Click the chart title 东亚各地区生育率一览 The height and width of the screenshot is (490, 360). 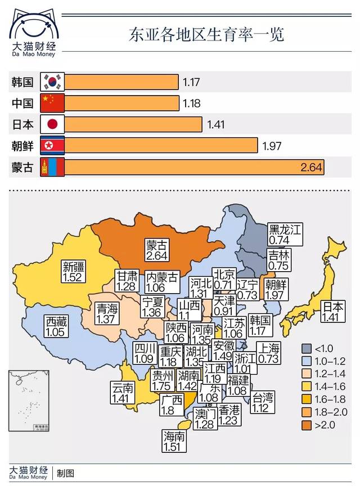[x=206, y=34]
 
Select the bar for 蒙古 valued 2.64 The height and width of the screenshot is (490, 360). [x=195, y=168]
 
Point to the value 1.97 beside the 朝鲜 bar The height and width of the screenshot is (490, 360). [x=272, y=146]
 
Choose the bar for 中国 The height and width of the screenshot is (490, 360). [x=123, y=103]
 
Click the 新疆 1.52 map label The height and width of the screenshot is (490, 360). [x=74, y=272]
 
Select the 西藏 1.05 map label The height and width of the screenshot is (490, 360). [x=56, y=326]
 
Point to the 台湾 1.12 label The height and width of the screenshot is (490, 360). [x=263, y=403]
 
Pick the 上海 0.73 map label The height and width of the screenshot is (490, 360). [x=268, y=352]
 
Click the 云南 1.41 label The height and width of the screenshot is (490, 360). [x=122, y=393]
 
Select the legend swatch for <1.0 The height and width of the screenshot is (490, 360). [x=307, y=347]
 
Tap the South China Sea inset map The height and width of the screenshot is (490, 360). [x=28, y=400]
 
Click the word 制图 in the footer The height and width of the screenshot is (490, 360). [x=65, y=473]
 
